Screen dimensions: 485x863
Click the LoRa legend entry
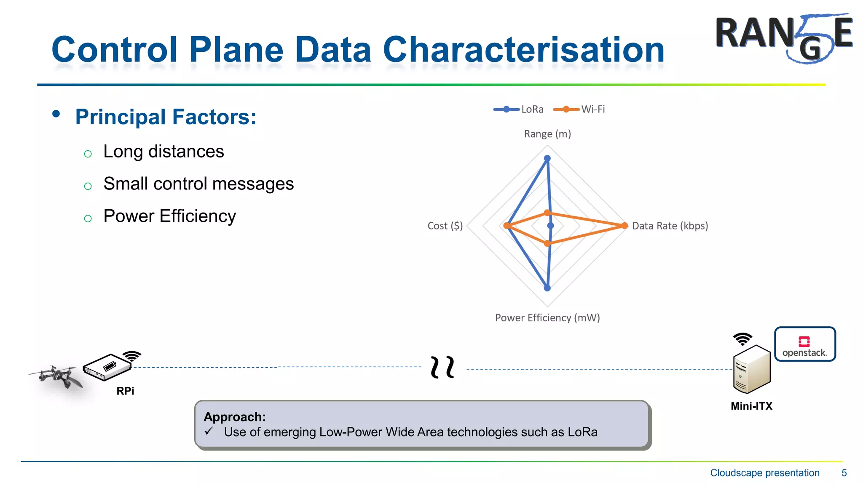pyautogui.click(x=519, y=109)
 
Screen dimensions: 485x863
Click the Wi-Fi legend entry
pyautogui.click(x=579, y=109)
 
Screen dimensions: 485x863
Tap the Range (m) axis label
pyautogui.click(x=547, y=134)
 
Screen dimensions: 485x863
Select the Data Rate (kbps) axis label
pyautogui.click(x=670, y=226)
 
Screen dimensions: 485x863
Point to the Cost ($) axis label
pyautogui.click(x=445, y=226)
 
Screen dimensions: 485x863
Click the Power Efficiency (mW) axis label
pyautogui.click(x=547, y=318)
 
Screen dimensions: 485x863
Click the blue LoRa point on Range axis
pyautogui.click(x=547, y=159)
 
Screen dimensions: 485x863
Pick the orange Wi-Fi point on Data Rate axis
pyautogui.click(x=624, y=226)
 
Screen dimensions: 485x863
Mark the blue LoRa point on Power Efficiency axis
pyautogui.click(x=547, y=288)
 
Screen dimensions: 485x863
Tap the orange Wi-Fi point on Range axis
pyautogui.click(x=547, y=213)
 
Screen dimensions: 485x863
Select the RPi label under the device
pyautogui.click(x=125, y=391)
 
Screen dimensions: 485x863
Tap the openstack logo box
pyautogui.click(x=805, y=344)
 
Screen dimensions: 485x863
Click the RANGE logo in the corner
pyautogui.click(x=784, y=38)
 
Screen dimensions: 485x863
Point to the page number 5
pyautogui.click(x=844, y=473)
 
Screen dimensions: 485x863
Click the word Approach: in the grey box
pyautogui.click(x=235, y=417)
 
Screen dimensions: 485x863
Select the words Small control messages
pyautogui.click(x=198, y=184)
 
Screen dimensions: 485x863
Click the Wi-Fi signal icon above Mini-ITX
pyautogui.click(x=742, y=339)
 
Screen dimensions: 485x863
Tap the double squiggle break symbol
pyautogui.click(x=442, y=367)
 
